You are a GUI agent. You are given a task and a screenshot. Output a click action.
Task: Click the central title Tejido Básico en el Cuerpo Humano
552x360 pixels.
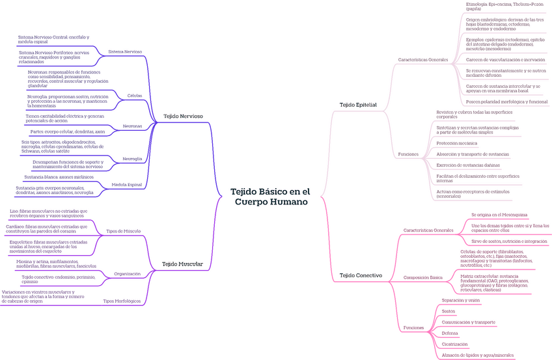[270, 197]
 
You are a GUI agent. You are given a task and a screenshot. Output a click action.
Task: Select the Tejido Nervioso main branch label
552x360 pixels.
[182, 116]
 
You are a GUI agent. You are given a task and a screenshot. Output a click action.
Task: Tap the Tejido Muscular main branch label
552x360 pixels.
[182, 264]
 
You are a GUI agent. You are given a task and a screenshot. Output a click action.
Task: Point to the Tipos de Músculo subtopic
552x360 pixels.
[123, 230]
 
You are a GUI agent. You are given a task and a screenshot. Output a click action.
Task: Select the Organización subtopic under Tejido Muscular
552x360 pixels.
[127, 274]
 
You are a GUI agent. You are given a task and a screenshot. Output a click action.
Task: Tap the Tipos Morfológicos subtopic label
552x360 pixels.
[122, 301]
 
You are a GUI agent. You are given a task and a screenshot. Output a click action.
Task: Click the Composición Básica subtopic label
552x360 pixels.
[422, 277]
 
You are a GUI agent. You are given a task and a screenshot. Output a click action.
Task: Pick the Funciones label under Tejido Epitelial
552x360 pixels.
[408, 154]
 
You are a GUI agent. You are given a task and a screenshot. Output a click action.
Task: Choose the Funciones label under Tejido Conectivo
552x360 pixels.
[413, 327]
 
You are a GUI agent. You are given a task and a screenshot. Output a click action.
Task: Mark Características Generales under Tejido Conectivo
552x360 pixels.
[428, 230]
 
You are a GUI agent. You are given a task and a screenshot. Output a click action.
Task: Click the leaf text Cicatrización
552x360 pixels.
[454, 344]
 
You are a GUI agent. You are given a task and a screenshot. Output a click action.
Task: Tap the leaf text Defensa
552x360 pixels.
[450, 333]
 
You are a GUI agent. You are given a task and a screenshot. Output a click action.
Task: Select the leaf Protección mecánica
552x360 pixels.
[456, 143]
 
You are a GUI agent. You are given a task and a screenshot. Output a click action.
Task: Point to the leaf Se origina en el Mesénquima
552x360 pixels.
[499, 214]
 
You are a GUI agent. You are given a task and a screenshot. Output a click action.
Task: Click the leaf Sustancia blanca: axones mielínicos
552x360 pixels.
[59, 177]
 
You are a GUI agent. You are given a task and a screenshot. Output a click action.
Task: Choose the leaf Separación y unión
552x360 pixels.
[460, 300]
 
